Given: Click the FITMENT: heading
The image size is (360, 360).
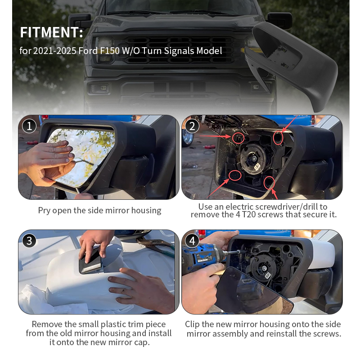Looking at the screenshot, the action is [51, 32].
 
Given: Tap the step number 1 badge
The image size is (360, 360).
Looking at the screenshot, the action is [29, 126].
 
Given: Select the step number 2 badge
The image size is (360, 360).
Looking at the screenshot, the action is [193, 126].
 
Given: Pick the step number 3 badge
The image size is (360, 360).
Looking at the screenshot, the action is [29, 241].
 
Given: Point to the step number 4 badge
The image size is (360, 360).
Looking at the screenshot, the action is [193, 241].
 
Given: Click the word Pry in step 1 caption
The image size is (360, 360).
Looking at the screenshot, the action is [44, 211].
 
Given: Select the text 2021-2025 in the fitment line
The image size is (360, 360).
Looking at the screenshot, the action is [54, 51].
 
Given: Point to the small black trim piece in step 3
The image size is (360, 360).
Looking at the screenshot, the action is [91, 263].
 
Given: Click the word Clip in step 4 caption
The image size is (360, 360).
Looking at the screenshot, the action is [193, 324].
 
